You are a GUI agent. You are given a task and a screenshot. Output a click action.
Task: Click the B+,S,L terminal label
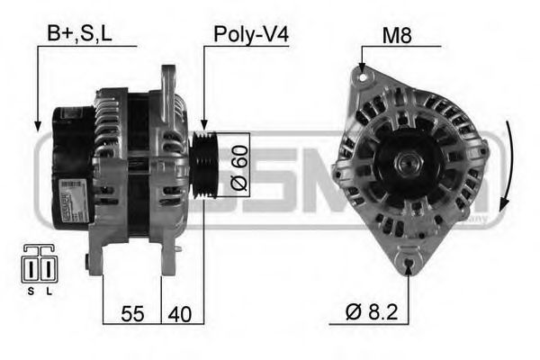(x=79, y=35)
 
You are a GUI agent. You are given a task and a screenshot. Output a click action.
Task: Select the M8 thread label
(x=396, y=35)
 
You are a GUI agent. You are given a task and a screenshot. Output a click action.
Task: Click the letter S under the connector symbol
(x=30, y=292)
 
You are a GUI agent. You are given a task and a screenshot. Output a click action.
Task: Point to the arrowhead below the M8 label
(x=362, y=69)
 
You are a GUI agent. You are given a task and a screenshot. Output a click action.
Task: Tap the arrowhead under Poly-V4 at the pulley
(x=204, y=128)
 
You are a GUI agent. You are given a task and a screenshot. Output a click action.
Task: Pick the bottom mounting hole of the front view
(x=409, y=263)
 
